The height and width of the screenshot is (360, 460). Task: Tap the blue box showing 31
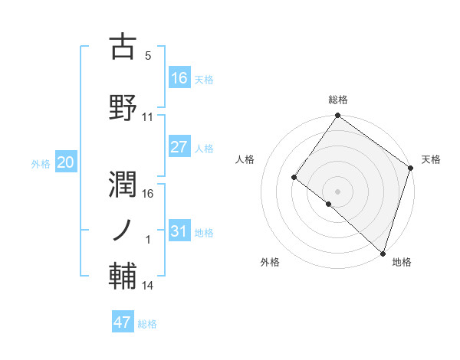coord(179,231)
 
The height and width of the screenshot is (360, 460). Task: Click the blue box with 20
coord(65,162)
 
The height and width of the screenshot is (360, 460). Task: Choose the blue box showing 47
coord(123,322)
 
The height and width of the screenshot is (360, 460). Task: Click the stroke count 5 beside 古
coord(148,55)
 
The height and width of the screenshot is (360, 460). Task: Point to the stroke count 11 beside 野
coord(148,116)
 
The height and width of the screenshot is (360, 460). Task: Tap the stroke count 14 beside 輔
coord(148,286)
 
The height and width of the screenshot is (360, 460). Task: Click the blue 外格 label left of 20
coord(41,163)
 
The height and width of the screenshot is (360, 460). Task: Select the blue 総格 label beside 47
coord(147,324)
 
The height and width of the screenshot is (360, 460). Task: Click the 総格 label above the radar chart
coord(338,100)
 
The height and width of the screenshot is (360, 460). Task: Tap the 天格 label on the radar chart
coord(431,159)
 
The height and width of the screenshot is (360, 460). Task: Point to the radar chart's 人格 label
coord(245,159)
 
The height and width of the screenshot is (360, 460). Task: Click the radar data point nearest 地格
coord(383,252)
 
